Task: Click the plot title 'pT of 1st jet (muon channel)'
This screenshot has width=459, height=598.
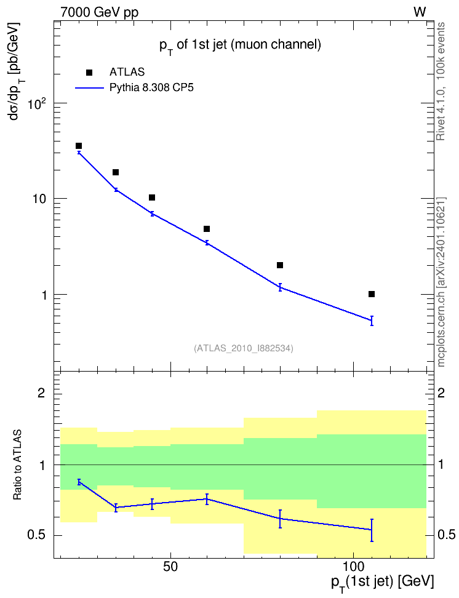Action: pyautogui.click(x=240, y=46)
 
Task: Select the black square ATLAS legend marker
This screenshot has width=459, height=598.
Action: pyautogui.click(x=89, y=73)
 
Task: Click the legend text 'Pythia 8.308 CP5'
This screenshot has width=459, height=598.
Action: pyautogui.click(x=151, y=88)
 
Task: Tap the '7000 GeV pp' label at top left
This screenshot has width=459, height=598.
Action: pyautogui.click(x=99, y=12)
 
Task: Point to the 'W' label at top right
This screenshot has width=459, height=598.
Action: pyautogui.click(x=420, y=12)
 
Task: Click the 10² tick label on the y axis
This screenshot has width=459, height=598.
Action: pyautogui.click(x=37, y=103)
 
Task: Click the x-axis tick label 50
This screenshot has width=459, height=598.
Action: pyautogui.click(x=170, y=567)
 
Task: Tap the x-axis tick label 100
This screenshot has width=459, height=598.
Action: pyautogui.click(x=354, y=567)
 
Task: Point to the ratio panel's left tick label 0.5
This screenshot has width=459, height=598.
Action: pyautogui.click(x=37, y=535)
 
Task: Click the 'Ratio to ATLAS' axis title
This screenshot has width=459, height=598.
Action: pyautogui.click(x=18, y=465)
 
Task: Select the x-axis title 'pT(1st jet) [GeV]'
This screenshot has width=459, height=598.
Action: pyautogui.click(x=382, y=583)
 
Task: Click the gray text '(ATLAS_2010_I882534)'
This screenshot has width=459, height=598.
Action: pyautogui.click(x=244, y=348)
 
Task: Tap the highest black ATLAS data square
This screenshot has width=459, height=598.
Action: pyautogui.click(x=79, y=146)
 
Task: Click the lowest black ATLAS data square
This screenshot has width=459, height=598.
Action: pyautogui.click(x=372, y=294)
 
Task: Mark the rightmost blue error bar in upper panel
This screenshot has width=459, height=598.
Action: pyautogui.click(x=372, y=321)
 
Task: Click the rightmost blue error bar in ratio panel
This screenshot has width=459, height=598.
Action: pyautogui.click(x=372, y=530)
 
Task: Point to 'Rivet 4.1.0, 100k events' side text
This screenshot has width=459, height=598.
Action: pyautogui.click(x=441, y=81)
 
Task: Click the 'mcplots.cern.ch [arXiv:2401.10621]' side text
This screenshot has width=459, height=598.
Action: pyautogui.click(x=441, y=282)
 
